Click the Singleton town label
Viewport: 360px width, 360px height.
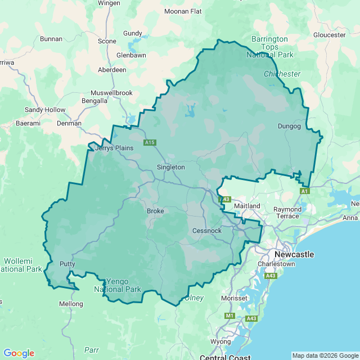pyautogui.click(x=170, y=167)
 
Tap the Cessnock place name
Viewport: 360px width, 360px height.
pyautogui.click(x=206, y=231)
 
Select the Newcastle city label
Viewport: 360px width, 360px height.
pyautogui.click(x=294, y=254)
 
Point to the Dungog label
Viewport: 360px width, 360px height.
pyautogui.click(x=289, y=127)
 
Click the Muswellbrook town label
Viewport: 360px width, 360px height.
pyautogui.click(x=111, y=93)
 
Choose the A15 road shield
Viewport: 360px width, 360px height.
pyautogui.click(x=149, y=143)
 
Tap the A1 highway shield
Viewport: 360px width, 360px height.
pyautogui.click(x=304, y=192)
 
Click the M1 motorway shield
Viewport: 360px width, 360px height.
pyautogui.click(x=229, y=316)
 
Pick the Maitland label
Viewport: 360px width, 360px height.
pyautogui.click(x=247, y=206)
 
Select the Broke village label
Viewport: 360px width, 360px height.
pyautogui.click(x=155, y=211)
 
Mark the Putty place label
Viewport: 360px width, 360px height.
pyautogui.click(x=67, y=264)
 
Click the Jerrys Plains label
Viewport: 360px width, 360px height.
pyautogui.click(x=115, y=148)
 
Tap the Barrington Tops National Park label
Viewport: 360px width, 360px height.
pyautogui.click(x=270, y=47)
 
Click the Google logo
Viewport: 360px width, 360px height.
pyautogui.click(x=19, y=353)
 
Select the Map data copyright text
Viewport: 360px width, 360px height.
pyautogui.click(x=325, y=355)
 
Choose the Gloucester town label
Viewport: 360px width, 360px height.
pyautogui.click(x=329, y=35)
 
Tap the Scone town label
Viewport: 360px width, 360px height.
pyautogui.click(x=107, y=41)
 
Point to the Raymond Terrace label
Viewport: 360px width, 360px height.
pyautogui.click(x=287, y=213)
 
